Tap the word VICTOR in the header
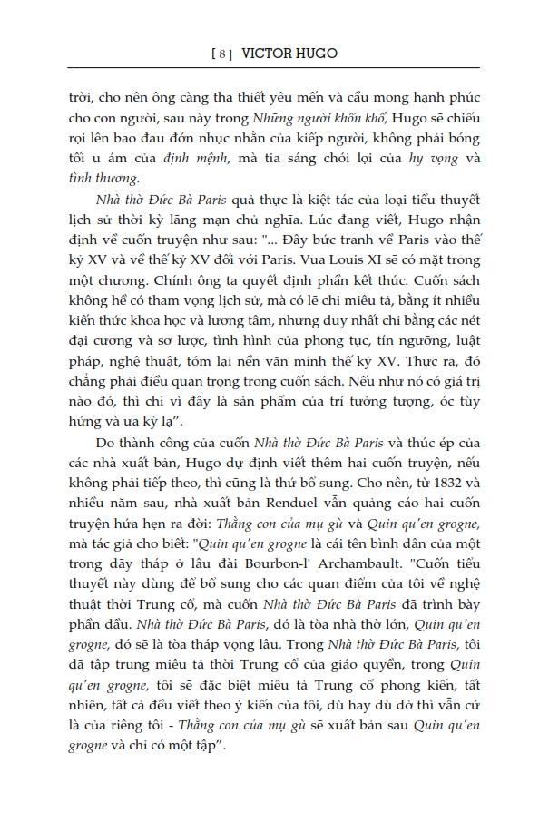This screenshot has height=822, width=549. point(272,54)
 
